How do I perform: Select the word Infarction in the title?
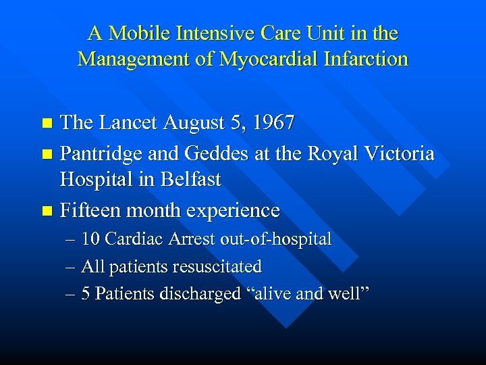[364, 59]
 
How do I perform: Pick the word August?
[196, 123]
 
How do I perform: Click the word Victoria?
[398, 153]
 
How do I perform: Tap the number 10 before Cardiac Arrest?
[91, 239]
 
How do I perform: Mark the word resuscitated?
[217, 267]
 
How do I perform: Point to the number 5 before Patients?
[86, 294]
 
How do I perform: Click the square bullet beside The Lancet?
[47, 124]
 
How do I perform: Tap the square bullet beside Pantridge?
[47, 154]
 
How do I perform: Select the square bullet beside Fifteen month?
[47, 211]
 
